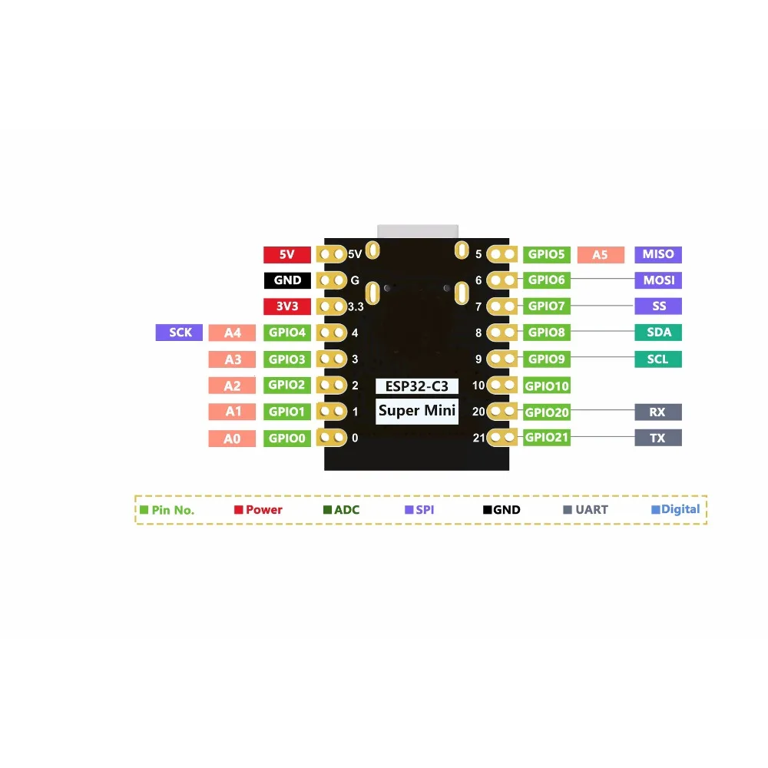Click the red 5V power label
click(286, 254)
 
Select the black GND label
click(286, 280)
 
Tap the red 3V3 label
click(286, 306)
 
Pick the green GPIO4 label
click(286, 333)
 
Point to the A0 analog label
click(232, 439)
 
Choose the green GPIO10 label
click(547, 386)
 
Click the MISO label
click(658, 254)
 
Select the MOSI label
click(658, 280)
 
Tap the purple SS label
click(658, 306)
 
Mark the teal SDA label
click(658, 333)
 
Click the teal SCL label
click(658, 359)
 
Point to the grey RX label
click(658, 412)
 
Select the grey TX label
click(658, 438)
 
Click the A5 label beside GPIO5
click(600, 254)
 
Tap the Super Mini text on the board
click(417, 411)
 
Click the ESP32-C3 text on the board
click(417, 386)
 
